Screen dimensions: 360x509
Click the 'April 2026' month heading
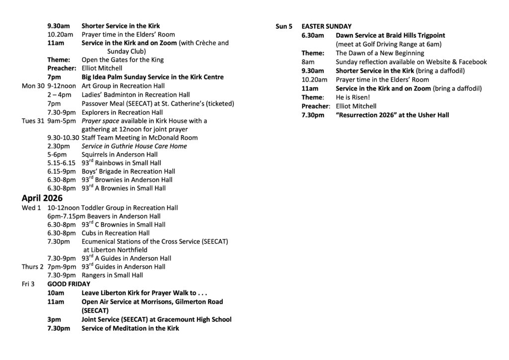tap(42, 198)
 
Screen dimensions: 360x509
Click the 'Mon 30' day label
tap(33, 86)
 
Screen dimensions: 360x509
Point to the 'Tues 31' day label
tap(33, 121)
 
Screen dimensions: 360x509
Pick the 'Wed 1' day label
tap(31, 207)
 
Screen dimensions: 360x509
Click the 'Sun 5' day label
tap(284, 26)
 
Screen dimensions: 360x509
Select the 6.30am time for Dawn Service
tap(313, 35)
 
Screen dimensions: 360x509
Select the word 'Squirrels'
tap(94, 155)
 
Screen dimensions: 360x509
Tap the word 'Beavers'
tap(103, 216)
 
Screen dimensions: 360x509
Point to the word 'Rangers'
tap(94, 275)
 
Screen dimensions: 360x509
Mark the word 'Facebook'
tap(472, 62)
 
